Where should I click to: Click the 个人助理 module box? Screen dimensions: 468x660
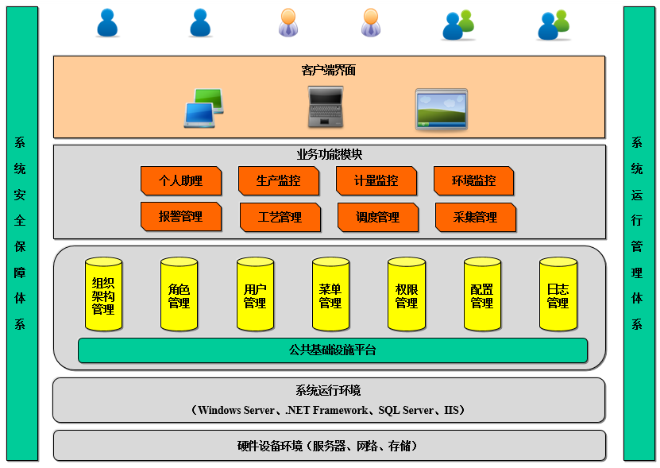click(x=180, y=181)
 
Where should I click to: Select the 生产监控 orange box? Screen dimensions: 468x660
click(x=278, y=181)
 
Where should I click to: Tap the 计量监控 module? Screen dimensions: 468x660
click(x=376, y=181)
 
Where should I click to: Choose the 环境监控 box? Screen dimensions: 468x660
click(x=473, y=181)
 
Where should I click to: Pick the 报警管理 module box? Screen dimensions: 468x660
click(x=180, y=217)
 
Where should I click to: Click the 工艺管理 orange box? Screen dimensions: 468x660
click(x=280, y=218)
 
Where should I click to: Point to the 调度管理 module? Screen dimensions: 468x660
click(x=377, y=218)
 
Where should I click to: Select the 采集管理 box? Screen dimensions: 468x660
click(x=475, y=218)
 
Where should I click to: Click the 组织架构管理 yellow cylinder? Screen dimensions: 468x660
click(x=103, y=295)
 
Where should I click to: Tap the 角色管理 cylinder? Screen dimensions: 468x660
click(x=179, y=295)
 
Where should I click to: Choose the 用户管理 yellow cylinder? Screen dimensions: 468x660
click(x=255, y=295)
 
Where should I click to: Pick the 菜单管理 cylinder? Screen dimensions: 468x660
click(x=330, y=295)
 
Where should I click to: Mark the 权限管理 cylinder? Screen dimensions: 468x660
click(x=406, y=295)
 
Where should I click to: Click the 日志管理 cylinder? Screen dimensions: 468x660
click(x=558, y=295)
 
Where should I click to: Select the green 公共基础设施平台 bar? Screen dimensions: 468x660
click(x=332, y=350)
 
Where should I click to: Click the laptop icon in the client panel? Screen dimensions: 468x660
click(x=326, y=107)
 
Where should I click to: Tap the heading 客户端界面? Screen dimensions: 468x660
click(x=329, y=70)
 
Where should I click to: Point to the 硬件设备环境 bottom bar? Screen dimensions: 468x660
click(x=329, y=446)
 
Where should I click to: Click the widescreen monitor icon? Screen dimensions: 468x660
click(x=442, y=110)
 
